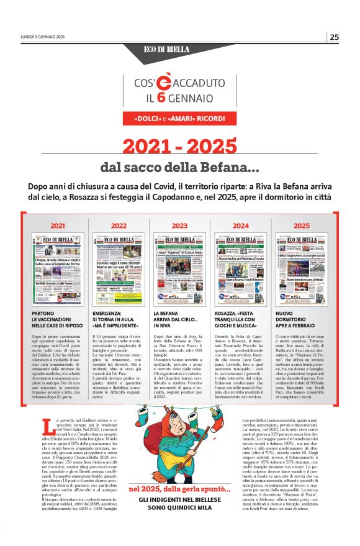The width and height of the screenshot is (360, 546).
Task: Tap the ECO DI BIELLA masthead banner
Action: [179, 50]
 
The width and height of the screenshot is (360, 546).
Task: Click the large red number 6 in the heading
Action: [160, 98]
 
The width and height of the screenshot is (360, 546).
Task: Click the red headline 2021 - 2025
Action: [179, 147]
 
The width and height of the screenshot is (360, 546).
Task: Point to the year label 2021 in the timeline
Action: [57, 225]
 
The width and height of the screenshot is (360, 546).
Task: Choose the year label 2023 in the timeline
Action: [179, 225]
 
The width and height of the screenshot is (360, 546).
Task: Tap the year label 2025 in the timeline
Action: [302, 225]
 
